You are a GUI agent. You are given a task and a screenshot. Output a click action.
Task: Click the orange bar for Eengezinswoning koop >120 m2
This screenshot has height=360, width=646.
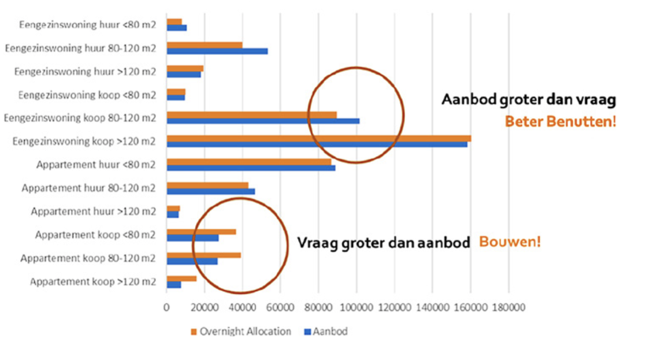coord(318,138)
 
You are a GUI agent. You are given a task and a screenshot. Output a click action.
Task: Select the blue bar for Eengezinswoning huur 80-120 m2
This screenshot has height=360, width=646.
coord(217,51)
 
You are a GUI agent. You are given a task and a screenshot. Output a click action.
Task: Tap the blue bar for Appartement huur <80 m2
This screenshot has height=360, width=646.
coord(251,168)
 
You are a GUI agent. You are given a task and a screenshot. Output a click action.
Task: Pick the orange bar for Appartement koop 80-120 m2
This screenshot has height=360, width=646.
coord(203,255)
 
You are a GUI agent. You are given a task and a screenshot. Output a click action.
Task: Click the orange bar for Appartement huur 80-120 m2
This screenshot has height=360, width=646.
coord(207,185)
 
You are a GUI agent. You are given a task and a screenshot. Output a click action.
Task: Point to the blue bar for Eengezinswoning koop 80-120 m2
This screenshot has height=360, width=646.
coord(263,121)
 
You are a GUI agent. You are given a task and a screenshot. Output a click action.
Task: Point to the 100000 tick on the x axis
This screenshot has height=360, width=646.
coord(357,308)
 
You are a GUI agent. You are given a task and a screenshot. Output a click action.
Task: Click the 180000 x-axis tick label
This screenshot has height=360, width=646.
coord(508,308)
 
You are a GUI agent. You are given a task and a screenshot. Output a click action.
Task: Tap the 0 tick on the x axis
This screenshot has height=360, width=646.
coord(166,308)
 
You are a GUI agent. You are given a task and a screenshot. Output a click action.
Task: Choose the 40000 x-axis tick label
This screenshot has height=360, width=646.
coord(243,308)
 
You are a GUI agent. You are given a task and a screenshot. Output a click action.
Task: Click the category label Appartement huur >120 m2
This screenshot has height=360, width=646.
coord(94,211)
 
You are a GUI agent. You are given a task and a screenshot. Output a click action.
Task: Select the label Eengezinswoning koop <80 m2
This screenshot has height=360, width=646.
coord(87,95)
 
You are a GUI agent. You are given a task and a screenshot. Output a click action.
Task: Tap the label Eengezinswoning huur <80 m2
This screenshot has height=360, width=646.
coord(88,25)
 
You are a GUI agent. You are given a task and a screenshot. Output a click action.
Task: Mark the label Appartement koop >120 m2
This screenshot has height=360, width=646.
coord(93,282)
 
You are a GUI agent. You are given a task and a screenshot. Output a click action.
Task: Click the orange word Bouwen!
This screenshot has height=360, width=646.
coord(510,242)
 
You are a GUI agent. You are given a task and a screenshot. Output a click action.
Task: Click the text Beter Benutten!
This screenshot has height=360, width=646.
coord(560,122)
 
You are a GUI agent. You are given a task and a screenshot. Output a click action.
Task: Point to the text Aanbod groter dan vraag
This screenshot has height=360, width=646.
coord(529,99)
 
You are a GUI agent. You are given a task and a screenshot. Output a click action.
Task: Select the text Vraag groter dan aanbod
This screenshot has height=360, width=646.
coord(384,243)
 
